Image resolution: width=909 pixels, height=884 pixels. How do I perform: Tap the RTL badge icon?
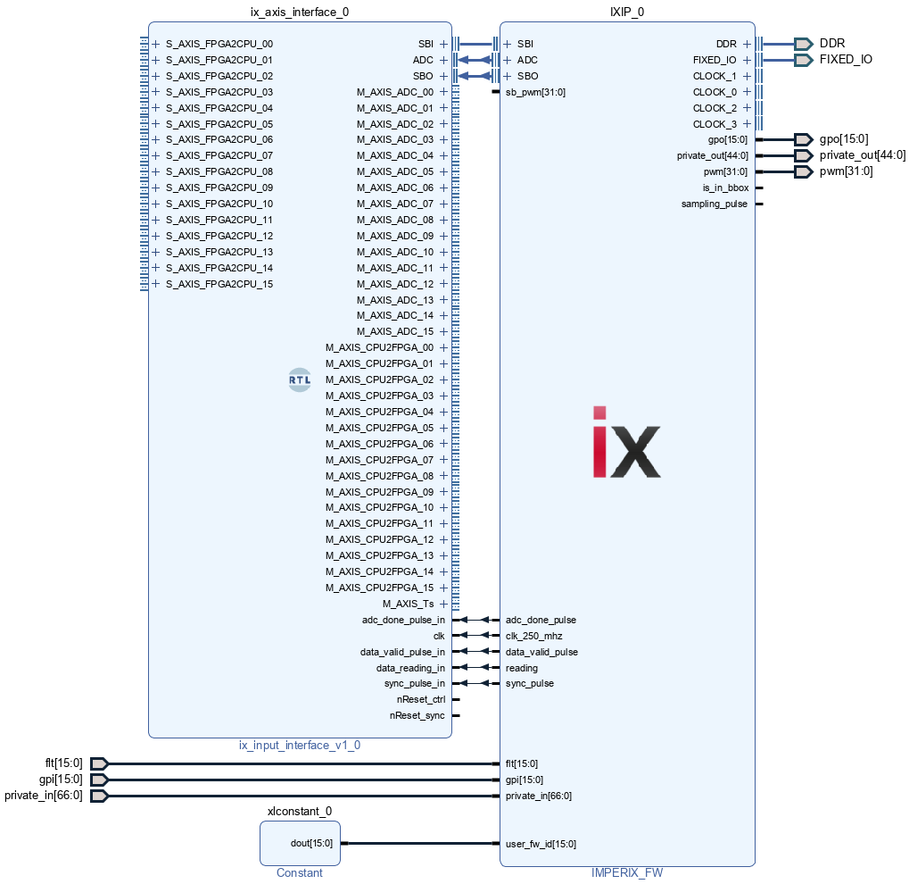coord(300,379)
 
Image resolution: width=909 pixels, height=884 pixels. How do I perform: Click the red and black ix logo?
coord(626,442)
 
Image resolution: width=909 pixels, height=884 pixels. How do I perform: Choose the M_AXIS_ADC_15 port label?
coord(395,331)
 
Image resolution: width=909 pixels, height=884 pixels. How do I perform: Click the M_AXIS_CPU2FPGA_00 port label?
coord(379,347)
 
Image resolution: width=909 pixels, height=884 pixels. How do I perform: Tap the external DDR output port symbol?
coord(803,44)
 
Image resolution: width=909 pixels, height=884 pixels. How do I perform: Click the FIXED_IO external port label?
coord(846,60)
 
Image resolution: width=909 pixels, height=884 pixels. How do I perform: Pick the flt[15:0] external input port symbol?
coord(99,763)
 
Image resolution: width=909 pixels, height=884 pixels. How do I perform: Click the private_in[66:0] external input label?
coord(44,796)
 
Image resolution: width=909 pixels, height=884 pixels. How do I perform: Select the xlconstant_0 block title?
coord(300,812)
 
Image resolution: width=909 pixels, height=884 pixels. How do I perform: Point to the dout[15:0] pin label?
coord(311,843)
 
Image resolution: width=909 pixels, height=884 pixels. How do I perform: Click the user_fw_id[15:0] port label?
coord(541,844)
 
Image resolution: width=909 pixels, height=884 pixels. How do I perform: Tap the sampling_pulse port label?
coord(715,204)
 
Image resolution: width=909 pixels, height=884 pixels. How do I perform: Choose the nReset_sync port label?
coord(417,715)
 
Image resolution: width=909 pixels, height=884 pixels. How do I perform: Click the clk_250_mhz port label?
coord(534,636)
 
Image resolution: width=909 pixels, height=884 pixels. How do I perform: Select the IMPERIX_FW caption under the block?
coord(627,873)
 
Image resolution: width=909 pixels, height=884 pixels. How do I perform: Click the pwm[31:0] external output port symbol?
coord(803,171)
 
